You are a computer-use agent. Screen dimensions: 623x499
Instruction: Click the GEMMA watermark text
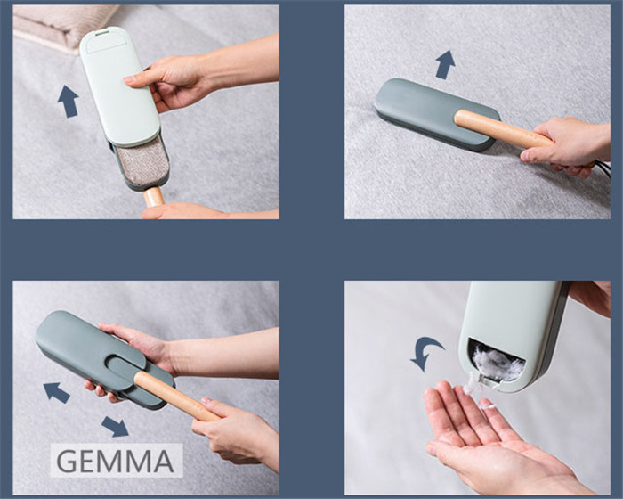[115, 460]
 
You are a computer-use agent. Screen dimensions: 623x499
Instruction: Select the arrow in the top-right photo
[445, 64]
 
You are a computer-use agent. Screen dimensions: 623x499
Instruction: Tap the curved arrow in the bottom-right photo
[425, 352]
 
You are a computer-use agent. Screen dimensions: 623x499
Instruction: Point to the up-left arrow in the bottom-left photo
[56, 392]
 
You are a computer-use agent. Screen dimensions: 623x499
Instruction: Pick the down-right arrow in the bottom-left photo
[115, 426]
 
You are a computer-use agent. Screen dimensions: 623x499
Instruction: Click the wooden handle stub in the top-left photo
[154, 196]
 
